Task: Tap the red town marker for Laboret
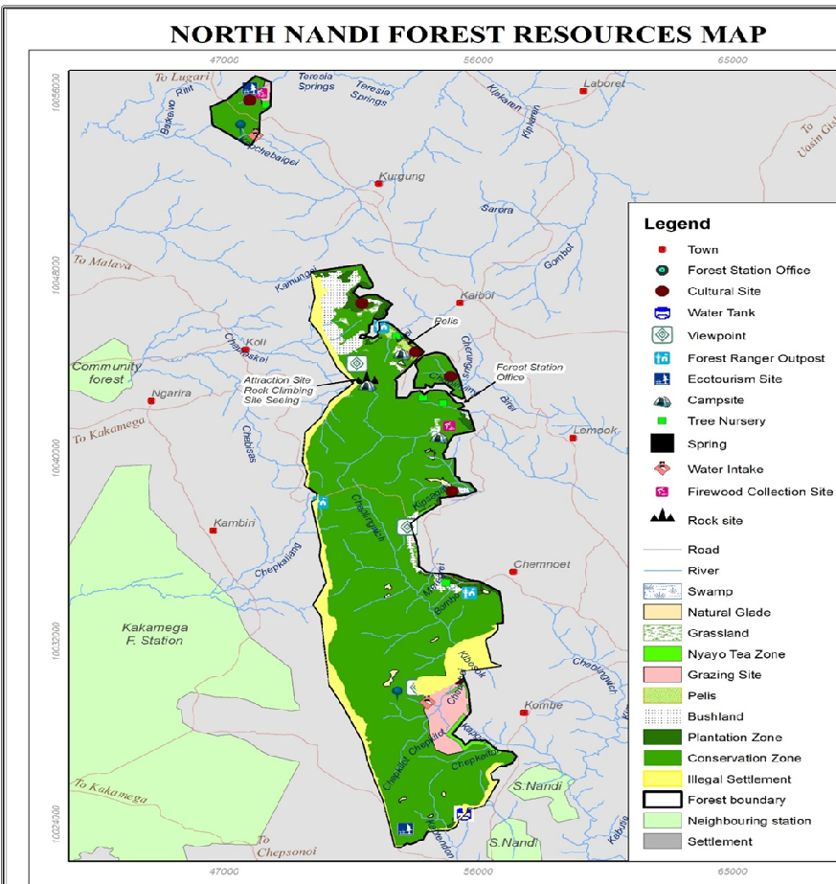pos(582,91)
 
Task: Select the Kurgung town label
pos(401,176)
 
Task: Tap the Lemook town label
pos(594,430)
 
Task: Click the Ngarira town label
pos(171,393)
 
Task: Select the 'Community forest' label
pos(106,373)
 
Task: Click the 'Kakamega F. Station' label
pos(154,634)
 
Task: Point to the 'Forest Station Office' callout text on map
pos(529,373)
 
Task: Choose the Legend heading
pos(676,224)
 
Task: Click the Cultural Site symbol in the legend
pos(662,291)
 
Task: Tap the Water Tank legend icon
pos(662,312)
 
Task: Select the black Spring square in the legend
pos(662,443)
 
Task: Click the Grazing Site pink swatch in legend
pos(662,675)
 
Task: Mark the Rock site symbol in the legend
pos(662,519)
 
